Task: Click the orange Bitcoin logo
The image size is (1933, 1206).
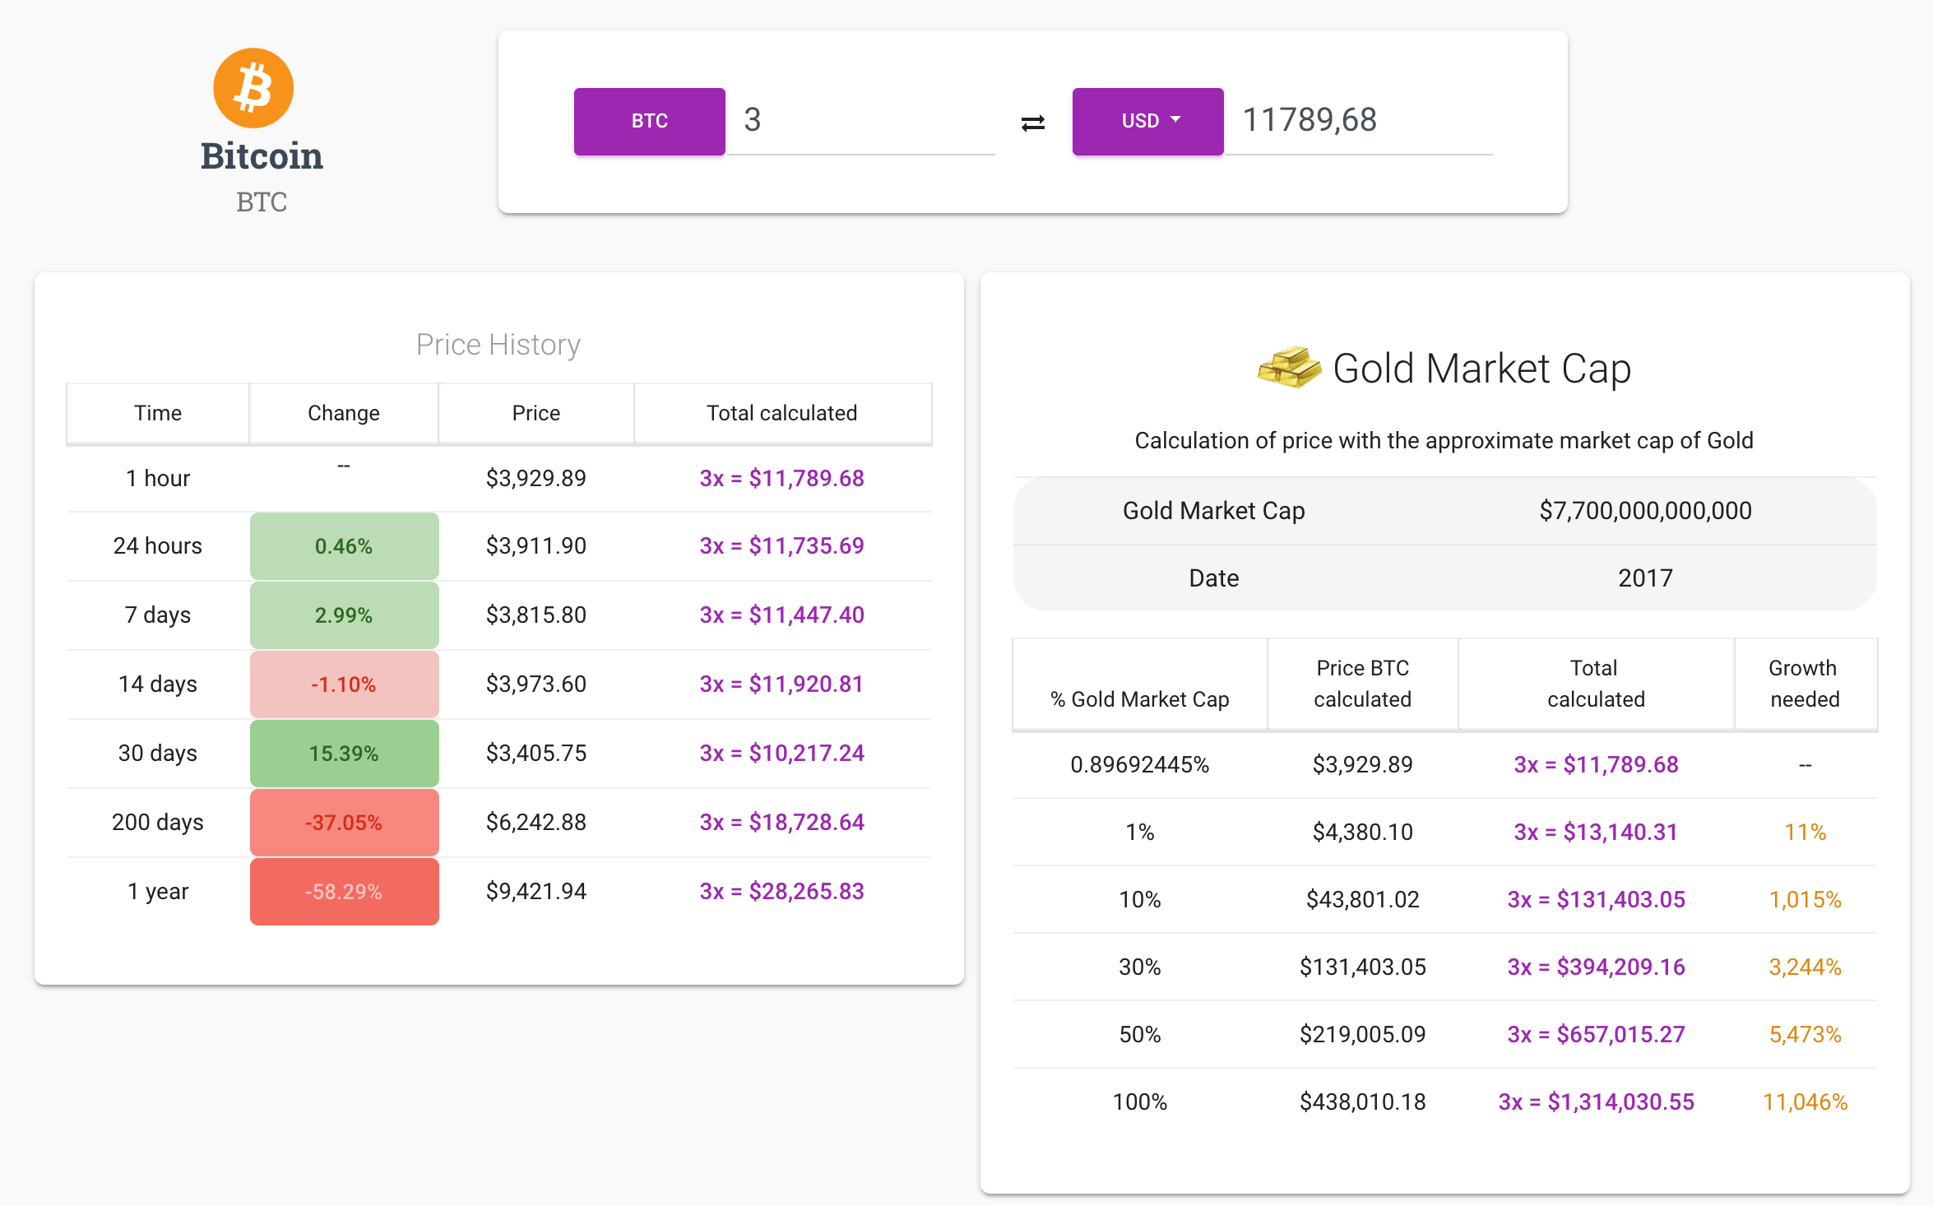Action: (253, 88)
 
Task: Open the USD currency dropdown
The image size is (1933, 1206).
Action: (1147, 121)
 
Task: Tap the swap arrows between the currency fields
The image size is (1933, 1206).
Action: (1032, 123)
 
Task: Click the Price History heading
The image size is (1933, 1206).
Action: (498, 344)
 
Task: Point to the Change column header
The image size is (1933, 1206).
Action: (343, 413)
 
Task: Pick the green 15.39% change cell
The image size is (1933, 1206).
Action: (344, 753)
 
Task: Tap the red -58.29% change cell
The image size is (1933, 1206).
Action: (344, 891)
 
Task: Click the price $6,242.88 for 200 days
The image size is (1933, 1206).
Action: (535, 822)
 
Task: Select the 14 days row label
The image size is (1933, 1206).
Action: (157, 684)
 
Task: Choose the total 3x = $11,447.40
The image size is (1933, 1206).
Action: (781, 615)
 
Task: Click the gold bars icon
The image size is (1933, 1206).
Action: (1288, 367)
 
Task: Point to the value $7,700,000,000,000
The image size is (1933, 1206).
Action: (1645, 511)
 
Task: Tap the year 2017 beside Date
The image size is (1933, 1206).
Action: (1645, 578)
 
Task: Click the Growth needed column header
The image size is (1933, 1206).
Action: (1804, 683)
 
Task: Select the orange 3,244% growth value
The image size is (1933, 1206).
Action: (1805, 967)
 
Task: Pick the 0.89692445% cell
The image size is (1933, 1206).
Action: (1139, 764)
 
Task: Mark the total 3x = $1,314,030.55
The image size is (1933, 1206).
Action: (1596, 1102)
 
